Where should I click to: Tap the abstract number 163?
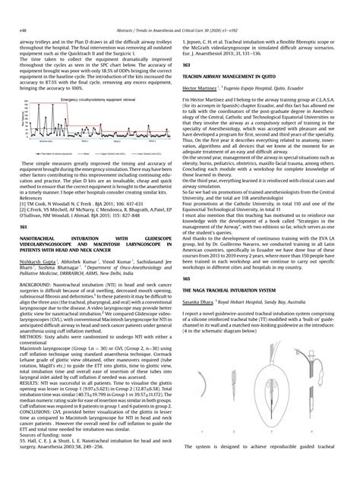click(190, 66)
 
